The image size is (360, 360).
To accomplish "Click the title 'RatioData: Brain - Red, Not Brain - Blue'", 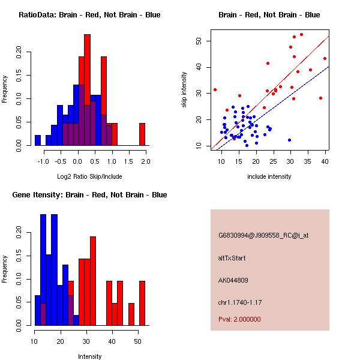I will coord(89,15).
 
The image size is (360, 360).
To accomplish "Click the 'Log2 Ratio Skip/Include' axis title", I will coord(89,176).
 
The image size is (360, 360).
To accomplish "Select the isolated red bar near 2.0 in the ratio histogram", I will coord(142,134).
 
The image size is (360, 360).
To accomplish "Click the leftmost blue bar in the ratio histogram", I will coord(38,140).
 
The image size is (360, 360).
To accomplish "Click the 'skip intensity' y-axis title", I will coord(184,90).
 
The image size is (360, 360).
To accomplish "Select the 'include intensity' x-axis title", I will coord(269,176).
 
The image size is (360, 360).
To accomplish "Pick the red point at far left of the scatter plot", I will coord(215,89).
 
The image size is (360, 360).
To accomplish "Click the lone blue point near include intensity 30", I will coord(289,140).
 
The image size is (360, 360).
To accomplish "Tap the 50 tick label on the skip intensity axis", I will coord(199,41).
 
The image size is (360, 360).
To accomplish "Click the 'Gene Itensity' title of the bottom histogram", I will coord(89,195).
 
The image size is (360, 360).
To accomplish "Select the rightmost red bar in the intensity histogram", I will coord(142,303).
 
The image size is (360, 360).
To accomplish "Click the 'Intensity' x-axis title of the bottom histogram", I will coord(89,356).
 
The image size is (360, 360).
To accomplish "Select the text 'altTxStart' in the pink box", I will coord(232,258).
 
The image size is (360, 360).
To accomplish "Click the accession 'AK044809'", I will coord(233,280).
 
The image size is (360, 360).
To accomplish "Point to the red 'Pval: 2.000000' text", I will coord(239,319).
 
